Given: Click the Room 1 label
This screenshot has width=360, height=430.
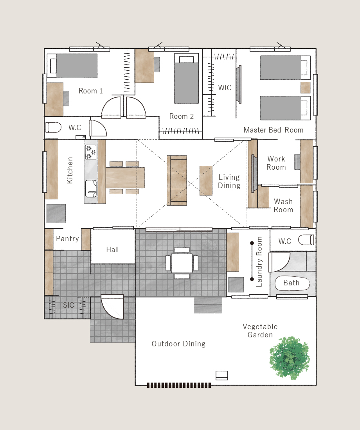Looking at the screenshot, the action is point(91,91).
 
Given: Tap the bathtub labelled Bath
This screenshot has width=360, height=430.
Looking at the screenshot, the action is point(292,283).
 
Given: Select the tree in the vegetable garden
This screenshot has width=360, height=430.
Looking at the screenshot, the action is point(290,358).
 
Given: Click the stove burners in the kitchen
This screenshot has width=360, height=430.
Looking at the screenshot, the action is point(91,152).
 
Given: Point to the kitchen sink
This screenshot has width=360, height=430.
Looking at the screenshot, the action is point(91,188).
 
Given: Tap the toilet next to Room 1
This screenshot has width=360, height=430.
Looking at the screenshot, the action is point(53,127).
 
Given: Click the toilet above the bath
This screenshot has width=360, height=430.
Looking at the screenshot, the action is point(306,240).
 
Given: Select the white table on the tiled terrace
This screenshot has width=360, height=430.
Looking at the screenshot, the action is point(182,263).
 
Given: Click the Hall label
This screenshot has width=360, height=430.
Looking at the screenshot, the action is point(113,249).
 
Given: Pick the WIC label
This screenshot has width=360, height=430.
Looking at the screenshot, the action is point(225,88).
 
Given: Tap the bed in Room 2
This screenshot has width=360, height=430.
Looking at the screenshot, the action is point(186,79).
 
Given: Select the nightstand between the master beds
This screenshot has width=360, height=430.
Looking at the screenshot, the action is point(305,88).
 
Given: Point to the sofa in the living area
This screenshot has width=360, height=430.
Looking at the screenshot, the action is point(177,181).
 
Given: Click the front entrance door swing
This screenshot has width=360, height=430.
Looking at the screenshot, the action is point(112,307).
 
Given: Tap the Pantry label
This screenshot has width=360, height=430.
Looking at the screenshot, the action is point(68,238).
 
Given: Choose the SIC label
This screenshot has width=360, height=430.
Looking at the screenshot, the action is point(68,305).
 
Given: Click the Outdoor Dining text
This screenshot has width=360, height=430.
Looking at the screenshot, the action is point(178,344).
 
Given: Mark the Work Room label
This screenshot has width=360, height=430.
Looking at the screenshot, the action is point(276,163).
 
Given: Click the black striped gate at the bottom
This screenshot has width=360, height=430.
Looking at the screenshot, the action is point(179,385).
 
